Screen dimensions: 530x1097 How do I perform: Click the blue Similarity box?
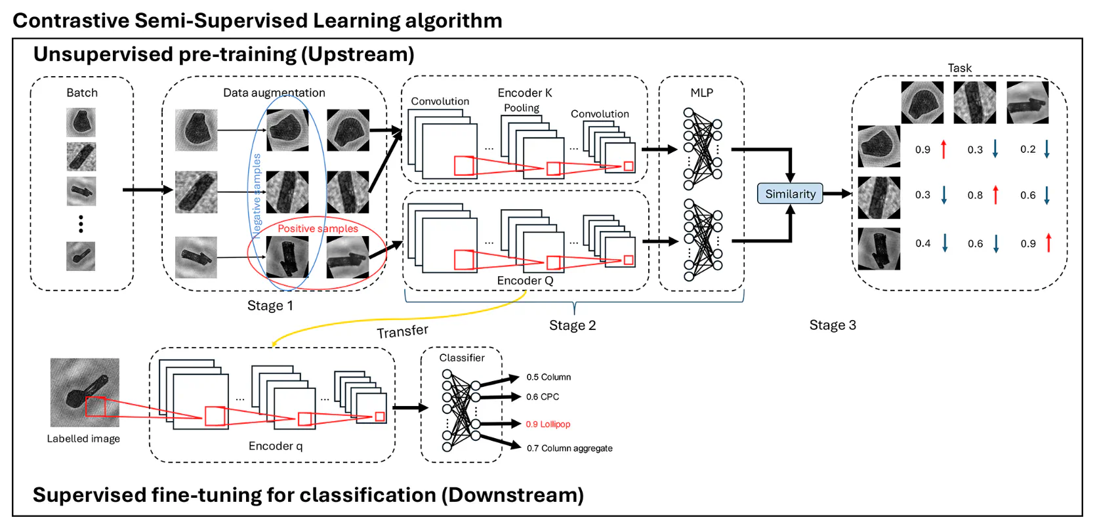tap(790, 194)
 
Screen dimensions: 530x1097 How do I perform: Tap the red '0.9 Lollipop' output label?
tap(548, 424)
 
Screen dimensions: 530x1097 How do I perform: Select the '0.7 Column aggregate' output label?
tap(569, 449)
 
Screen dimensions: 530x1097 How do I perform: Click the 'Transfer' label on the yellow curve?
tap(402, 331)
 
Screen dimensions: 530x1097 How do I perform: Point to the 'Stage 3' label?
tap(833, 325)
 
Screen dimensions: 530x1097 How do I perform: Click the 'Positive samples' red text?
tap(318, 228)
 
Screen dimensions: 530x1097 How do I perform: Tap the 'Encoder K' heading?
tap(525, 93)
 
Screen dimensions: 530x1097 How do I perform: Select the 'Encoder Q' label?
tap(525, 281)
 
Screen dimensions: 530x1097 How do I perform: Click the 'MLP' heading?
tap(701, 93)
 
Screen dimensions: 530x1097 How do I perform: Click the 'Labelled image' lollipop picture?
tap(85, 392)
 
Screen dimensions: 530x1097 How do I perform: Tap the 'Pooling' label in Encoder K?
tap(522, 108)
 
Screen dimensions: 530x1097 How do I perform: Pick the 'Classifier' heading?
tap(462, 358)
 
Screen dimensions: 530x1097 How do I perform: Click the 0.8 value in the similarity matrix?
tap(975, 195)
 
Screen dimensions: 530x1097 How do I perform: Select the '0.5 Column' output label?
tap(548, 377)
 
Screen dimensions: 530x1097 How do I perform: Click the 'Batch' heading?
tap(82, 93)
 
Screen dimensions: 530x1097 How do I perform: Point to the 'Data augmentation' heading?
tap(274, 93)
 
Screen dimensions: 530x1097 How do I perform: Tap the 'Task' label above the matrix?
tap(959, 68)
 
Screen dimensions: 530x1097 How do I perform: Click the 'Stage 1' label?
tap(270, 306)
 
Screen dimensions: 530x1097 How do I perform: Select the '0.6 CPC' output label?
tap(543, 397)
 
